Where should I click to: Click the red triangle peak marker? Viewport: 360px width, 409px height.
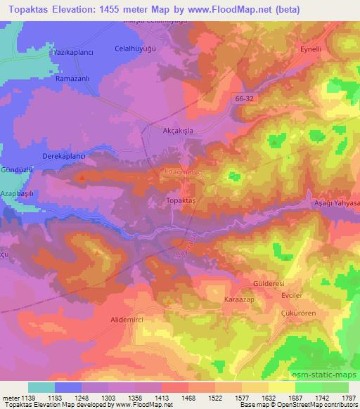(103, 177)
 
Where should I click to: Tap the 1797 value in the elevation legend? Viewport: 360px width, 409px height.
(347, 398)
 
